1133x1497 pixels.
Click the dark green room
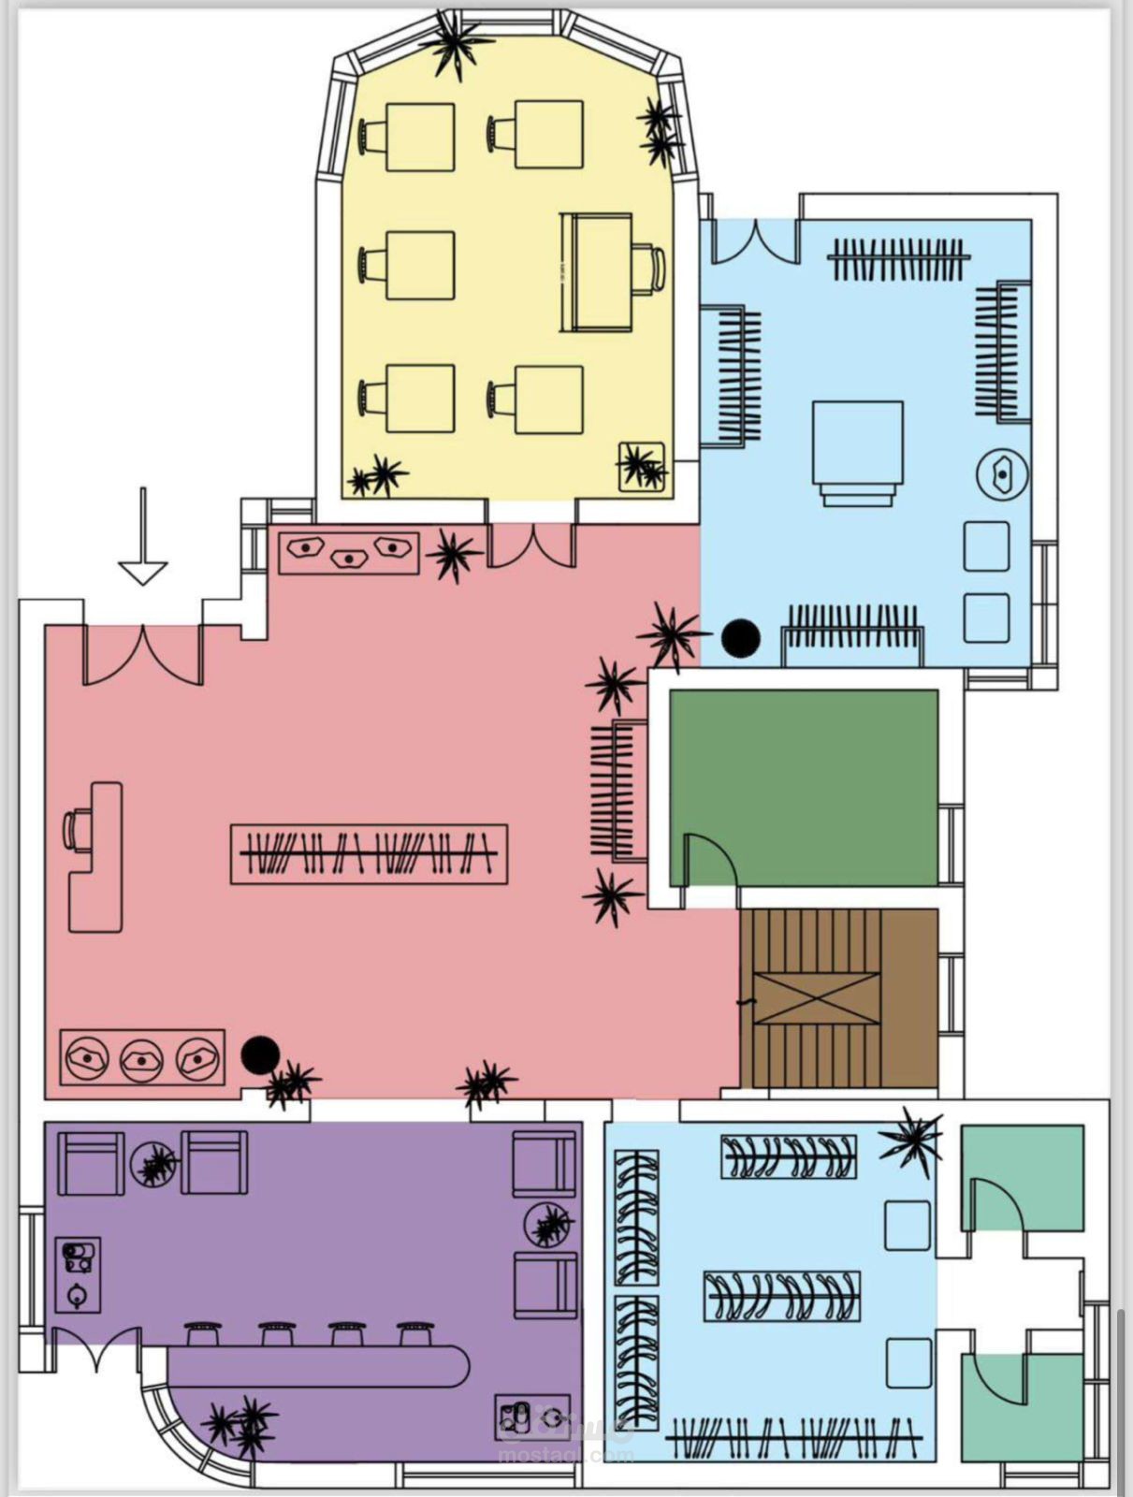(x=805, y=767)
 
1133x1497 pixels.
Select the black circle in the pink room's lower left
(x=260, y=1054)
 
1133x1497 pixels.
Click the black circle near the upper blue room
(x=741, y=637)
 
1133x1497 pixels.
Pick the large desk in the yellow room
(x=596, y=272)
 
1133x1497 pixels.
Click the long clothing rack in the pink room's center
(x=369, y=853)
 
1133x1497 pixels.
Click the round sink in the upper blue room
(x=1003, y=474)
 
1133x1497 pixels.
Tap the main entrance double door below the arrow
(x=143, y=654)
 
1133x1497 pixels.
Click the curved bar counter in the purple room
(x=318, y=1367)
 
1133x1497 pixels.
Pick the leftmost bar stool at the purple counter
(x=203, y=1331)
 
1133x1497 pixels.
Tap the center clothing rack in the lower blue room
(x=781, y=1296)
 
